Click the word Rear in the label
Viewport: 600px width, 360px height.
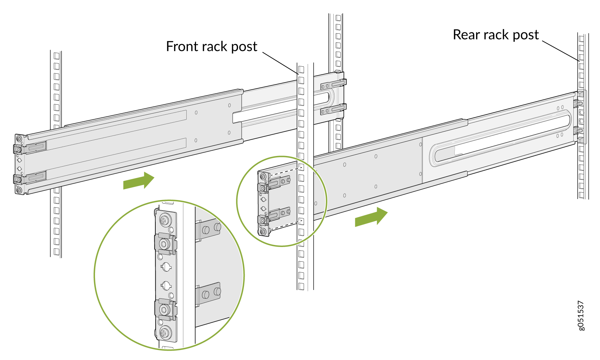[x=466, y=35]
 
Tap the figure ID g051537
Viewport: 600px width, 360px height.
[x=581, y=316]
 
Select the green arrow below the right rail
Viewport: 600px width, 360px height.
[x=371, y=217]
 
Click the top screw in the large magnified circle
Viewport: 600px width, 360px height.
[x=164, y=219]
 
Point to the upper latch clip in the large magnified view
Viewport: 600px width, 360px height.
[x=164, y=244]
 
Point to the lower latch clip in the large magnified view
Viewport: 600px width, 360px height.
[x=164, y=309]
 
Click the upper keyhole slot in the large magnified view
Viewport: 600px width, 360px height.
[x=166, y=266]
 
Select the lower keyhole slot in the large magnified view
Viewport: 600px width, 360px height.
[x=166, y=285]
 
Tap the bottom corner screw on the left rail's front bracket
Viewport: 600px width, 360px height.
[x=19, y=190]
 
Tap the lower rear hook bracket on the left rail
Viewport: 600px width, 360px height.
[x=333, y=109]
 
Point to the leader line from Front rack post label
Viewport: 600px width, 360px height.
[x=280, y=63]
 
